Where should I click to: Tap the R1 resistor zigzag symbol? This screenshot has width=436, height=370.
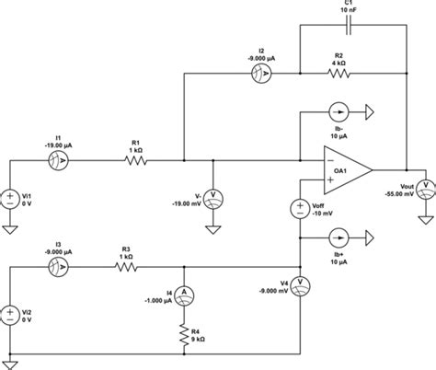point(135,160)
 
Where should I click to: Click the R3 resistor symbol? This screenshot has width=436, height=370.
point(128,267)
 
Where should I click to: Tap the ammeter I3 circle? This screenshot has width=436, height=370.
point(63,267)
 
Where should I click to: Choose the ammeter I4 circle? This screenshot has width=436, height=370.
point(185,293)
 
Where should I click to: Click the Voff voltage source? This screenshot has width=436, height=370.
point(301,209)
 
